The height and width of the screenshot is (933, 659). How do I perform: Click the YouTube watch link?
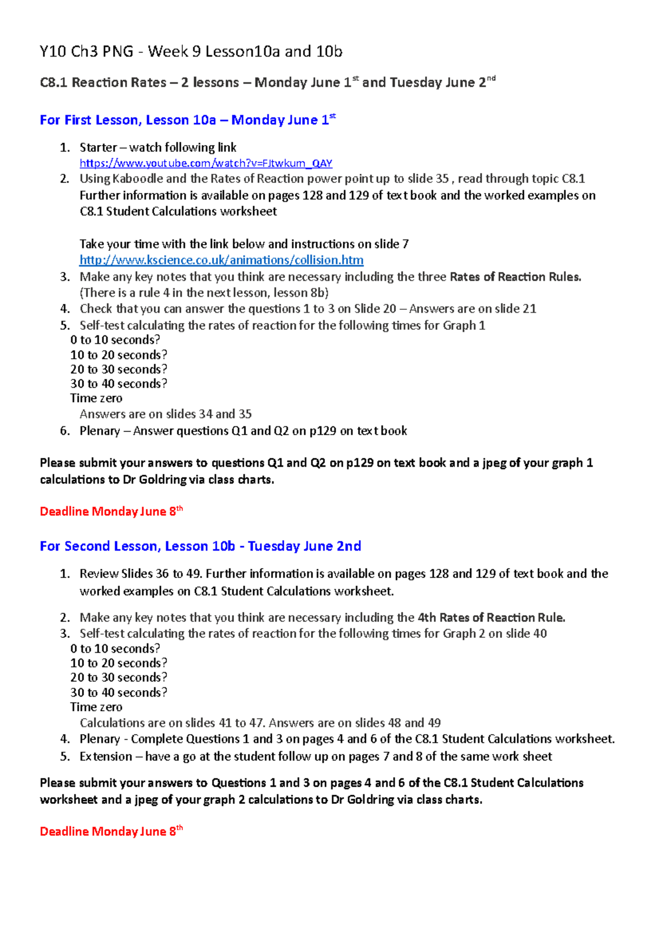click(206, 163)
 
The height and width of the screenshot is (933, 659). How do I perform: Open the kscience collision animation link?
click(221, 260)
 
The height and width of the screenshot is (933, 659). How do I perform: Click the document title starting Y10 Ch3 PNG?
click(191, 52)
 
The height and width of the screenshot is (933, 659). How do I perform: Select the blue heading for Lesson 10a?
click(187, 120)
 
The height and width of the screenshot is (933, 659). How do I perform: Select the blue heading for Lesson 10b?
click(200, 546)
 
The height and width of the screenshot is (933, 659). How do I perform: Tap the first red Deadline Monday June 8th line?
click(110, 512)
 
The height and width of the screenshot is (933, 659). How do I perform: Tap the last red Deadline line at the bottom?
click(110, 831)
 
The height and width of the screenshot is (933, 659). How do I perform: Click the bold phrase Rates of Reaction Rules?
click(515, 277)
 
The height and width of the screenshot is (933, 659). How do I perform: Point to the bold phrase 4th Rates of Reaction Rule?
click(491, 618)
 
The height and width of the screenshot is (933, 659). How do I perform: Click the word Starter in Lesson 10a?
click(98, 148)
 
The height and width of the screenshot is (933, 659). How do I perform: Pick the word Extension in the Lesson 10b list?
click(105, 757)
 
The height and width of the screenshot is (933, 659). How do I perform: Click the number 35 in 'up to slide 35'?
click(442, 179)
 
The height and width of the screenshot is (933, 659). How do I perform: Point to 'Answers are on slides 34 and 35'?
click(165, 414)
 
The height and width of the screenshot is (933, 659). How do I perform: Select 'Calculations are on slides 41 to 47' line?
click(172, 723)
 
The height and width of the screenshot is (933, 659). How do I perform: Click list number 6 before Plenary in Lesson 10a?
click(65, 431)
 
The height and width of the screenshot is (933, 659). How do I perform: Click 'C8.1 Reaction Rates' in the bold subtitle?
click(103, 83)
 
